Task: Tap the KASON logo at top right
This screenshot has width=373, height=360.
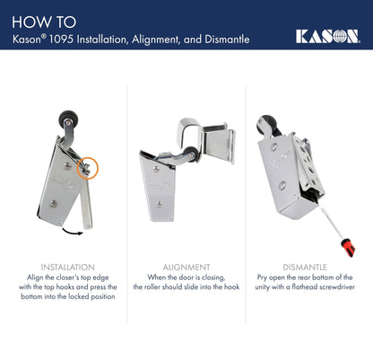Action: [327, 36]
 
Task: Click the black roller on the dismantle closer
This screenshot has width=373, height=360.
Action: [265, 124]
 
